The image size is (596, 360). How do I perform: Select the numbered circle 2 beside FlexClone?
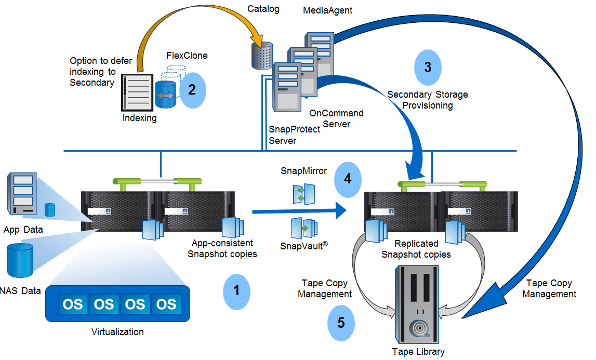(x=192, y=89)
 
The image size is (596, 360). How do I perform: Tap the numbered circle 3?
(x=427, y=68)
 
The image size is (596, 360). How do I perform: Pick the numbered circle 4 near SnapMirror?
(x=347, y=179)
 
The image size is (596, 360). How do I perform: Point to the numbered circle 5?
(x=341, y=323)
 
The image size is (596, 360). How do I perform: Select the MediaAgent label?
(x=327, y=10)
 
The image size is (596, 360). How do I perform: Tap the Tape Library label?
(x=418, y=352)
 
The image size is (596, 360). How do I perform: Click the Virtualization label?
(x=117, y=331)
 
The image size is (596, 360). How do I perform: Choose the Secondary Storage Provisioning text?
(x=427, y=100)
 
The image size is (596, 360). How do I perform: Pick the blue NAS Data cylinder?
(x=20, y=261)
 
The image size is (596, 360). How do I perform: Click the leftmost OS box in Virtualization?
(x=73, y=303)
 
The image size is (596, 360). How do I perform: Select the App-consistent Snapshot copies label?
(x=222, y=248)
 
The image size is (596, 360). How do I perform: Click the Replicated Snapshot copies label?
(x=416, y=249)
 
